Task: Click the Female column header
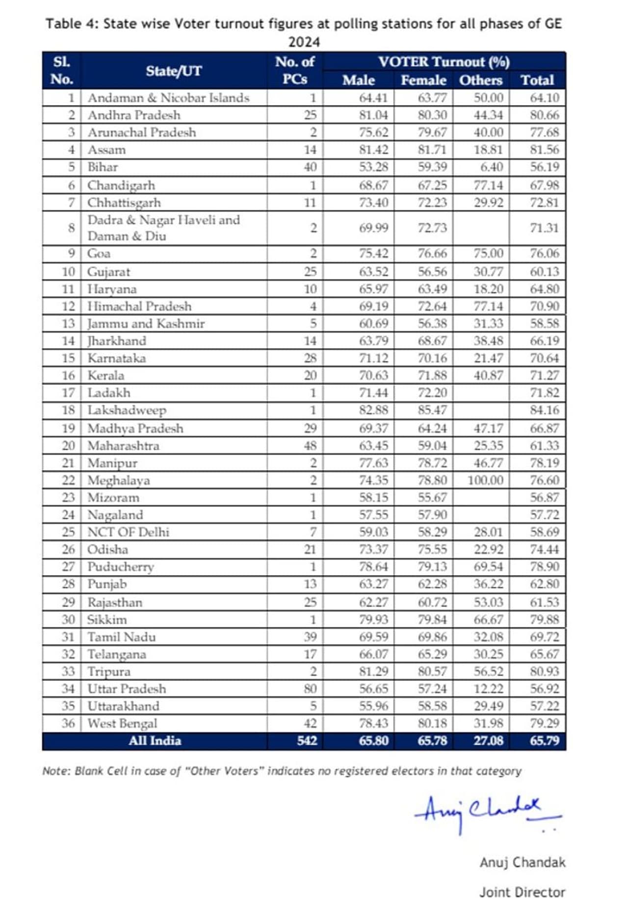(423, 80)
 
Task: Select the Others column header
(481, 80)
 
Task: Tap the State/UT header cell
(174, 71)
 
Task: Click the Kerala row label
(105, 376)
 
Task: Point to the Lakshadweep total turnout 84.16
(544, 410)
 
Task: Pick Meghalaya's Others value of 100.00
(485, 480)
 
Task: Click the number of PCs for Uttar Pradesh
(310, 688)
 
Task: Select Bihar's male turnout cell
(373, 167)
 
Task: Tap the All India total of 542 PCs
(307, 740)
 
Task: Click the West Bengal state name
(122, 723)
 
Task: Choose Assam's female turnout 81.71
(432, 150)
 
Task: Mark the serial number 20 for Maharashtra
(68, 446)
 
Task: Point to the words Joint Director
(522, 892)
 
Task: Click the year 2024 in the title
(304, 42)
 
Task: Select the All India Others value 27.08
(488, 740)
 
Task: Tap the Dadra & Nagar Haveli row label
(163, 228)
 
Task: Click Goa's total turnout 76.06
(544, 254)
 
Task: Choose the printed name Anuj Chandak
(523, 862)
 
